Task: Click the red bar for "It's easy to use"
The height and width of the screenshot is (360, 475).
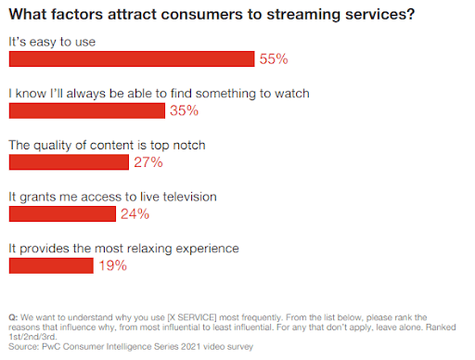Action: tap(131, 59)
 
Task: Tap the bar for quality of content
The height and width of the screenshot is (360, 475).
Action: tap(68, 162)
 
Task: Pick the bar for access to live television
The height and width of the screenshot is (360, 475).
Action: tap(62, 213)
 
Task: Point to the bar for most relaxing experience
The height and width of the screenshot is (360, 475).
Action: tap(51, 265)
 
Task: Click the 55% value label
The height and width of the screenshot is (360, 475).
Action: tap(274, 59)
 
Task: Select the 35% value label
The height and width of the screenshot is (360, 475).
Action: tap(185, 110)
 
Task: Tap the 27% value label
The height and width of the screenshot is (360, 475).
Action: tap(148, 162)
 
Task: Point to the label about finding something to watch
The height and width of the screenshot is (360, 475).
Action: tap(159, 94)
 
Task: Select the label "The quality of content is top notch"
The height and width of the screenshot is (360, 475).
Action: tap(107, 145)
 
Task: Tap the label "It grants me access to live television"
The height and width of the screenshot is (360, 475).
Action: tap(111, 197)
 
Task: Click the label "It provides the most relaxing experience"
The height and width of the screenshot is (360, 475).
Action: tap(123, 249)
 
